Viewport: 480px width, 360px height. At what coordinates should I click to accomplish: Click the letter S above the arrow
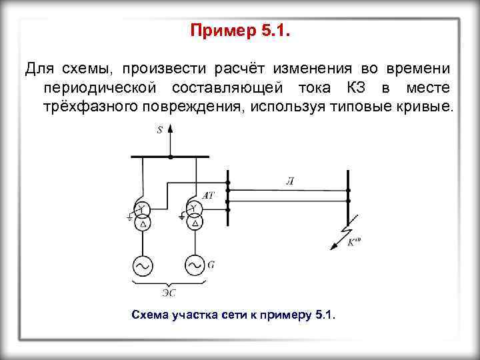[x=159, y=131]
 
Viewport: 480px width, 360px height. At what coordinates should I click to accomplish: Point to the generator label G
[x=211, y=265]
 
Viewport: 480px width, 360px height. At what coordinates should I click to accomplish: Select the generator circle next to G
[x=194, y=266]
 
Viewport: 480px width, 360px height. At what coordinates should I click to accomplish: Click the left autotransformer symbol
[x=141, y=216]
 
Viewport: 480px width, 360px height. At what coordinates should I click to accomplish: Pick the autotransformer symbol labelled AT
[x=194, y=216]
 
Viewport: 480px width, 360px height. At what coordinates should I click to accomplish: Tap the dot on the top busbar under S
[x=171, y=157]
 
